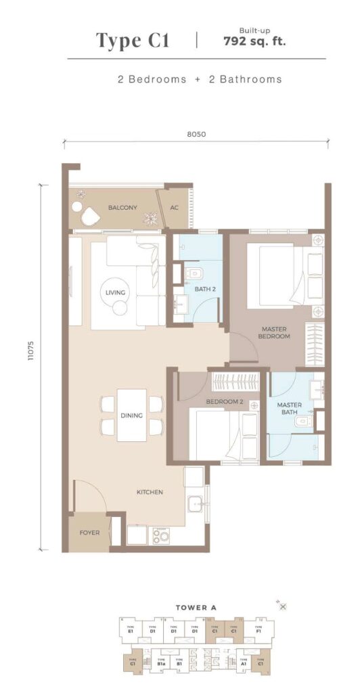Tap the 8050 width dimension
[196, 134]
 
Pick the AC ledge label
[174, 208]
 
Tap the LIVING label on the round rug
[115, 292]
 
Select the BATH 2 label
[204, 290]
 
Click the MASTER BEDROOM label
[275, 332]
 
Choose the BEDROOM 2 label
[224, 402]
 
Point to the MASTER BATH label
[289, 409]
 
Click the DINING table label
[132, 416]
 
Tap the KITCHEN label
[149, 492]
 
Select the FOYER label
[89, 533]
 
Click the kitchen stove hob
[162, 535]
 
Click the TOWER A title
[196, 607]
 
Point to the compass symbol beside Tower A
[283, 606]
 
